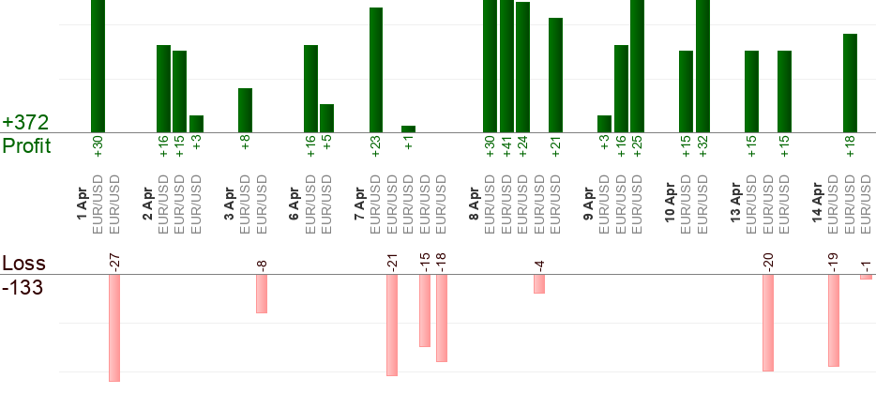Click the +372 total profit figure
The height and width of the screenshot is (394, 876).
coord(25,123)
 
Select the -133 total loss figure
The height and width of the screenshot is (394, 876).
coord(23,287)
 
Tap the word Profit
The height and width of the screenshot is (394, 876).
coord(26,145)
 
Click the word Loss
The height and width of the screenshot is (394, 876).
coord(23,264)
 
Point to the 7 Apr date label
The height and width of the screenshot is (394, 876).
coord(359,204)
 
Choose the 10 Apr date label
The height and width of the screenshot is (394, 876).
coord(670,205)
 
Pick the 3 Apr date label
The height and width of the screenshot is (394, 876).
coord(229,204)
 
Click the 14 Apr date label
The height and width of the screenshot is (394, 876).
coord(817,204)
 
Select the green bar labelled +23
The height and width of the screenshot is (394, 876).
coord(376,70)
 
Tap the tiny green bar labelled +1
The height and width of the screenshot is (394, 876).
coord(408,129)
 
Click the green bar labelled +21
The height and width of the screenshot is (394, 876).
coord(555,75)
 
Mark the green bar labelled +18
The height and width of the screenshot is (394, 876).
coord(850,83)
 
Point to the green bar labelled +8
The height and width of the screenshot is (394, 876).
coord(245,110)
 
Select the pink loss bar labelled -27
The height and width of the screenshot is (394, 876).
coord(114,327)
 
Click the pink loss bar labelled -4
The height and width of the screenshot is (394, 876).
coord(539,283)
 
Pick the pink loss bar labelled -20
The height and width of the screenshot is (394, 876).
coord(768,323)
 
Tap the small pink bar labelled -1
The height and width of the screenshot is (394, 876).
coord(866,277)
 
